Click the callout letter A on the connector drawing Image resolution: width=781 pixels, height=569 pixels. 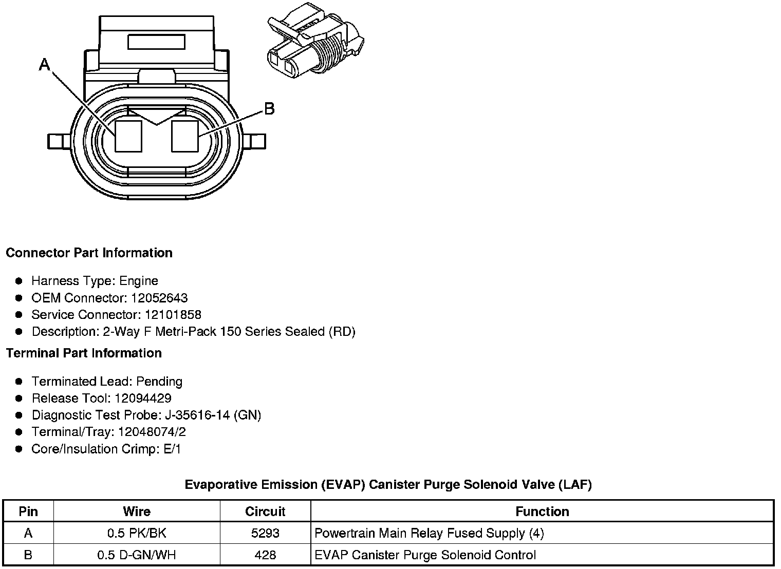pos(45,65)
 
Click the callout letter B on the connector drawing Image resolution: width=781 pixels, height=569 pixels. pos(269,109)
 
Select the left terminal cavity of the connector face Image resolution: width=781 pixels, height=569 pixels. pos(128,136)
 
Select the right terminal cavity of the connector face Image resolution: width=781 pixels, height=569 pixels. pos(184,136)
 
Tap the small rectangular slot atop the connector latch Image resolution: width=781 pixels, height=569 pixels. pos(156,42)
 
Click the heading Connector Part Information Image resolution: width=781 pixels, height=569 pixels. pos(89,253)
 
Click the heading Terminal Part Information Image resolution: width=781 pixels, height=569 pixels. pos(84,353)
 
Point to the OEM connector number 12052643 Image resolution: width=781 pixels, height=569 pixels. pos(159,298)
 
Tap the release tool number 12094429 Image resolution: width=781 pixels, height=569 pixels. pos(143,399)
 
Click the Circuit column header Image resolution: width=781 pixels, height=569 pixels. pos(265,511)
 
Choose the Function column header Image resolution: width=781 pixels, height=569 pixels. pos(542,511)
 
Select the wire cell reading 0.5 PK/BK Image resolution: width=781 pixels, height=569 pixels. pos(137,533)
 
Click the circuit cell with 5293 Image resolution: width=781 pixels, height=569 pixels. pos(265,533)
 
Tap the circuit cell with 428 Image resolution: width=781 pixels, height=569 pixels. pos(265,555)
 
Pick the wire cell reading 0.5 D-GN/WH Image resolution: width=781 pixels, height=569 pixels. pos(137,555)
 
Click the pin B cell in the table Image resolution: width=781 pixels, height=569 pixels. pos(28,555)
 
